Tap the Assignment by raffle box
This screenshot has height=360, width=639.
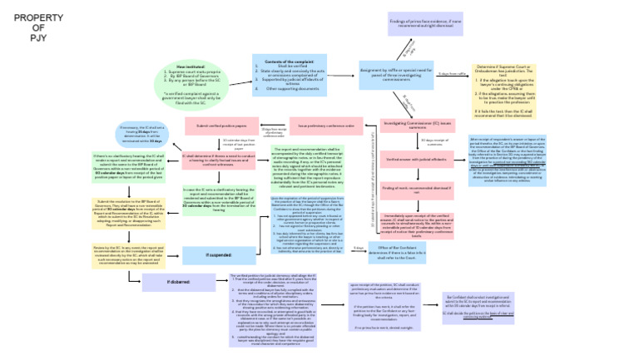[397, 75]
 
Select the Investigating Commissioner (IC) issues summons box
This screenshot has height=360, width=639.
[417, 125]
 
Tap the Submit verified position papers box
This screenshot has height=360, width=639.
[221, 126]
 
